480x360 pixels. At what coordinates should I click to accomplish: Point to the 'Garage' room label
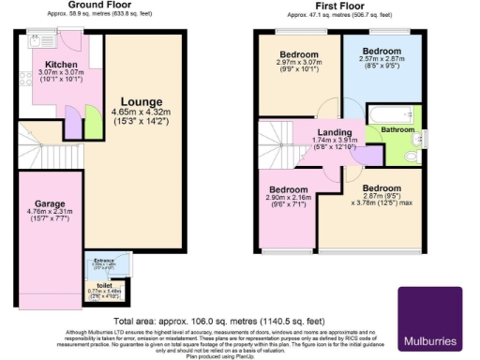pyautogui.click(x=50, y=202)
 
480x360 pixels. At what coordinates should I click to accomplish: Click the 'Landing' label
pyautogui.click(x=335, y=132)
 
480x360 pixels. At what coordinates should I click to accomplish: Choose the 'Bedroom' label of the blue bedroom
pyautogui.click(x=382, y=51)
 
